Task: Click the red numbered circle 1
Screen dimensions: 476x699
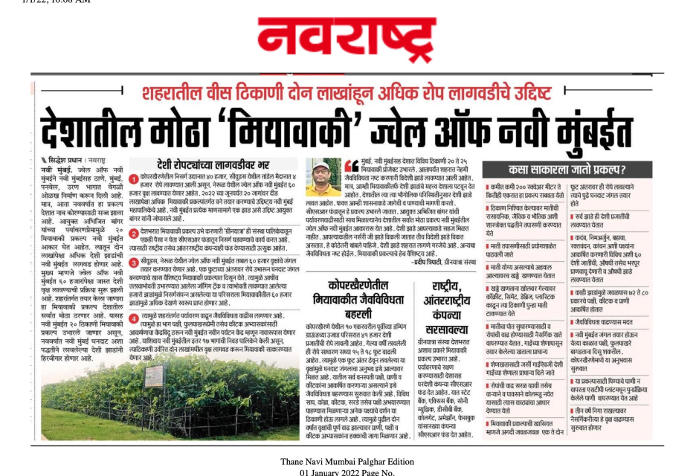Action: click(135, 181)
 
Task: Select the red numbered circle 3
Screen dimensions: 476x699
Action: click(135, 262)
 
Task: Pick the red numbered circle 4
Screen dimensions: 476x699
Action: click(135, 315)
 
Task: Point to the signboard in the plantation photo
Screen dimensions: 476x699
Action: click(155, 375)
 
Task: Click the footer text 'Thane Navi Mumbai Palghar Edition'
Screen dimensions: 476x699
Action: click(347, 462)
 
